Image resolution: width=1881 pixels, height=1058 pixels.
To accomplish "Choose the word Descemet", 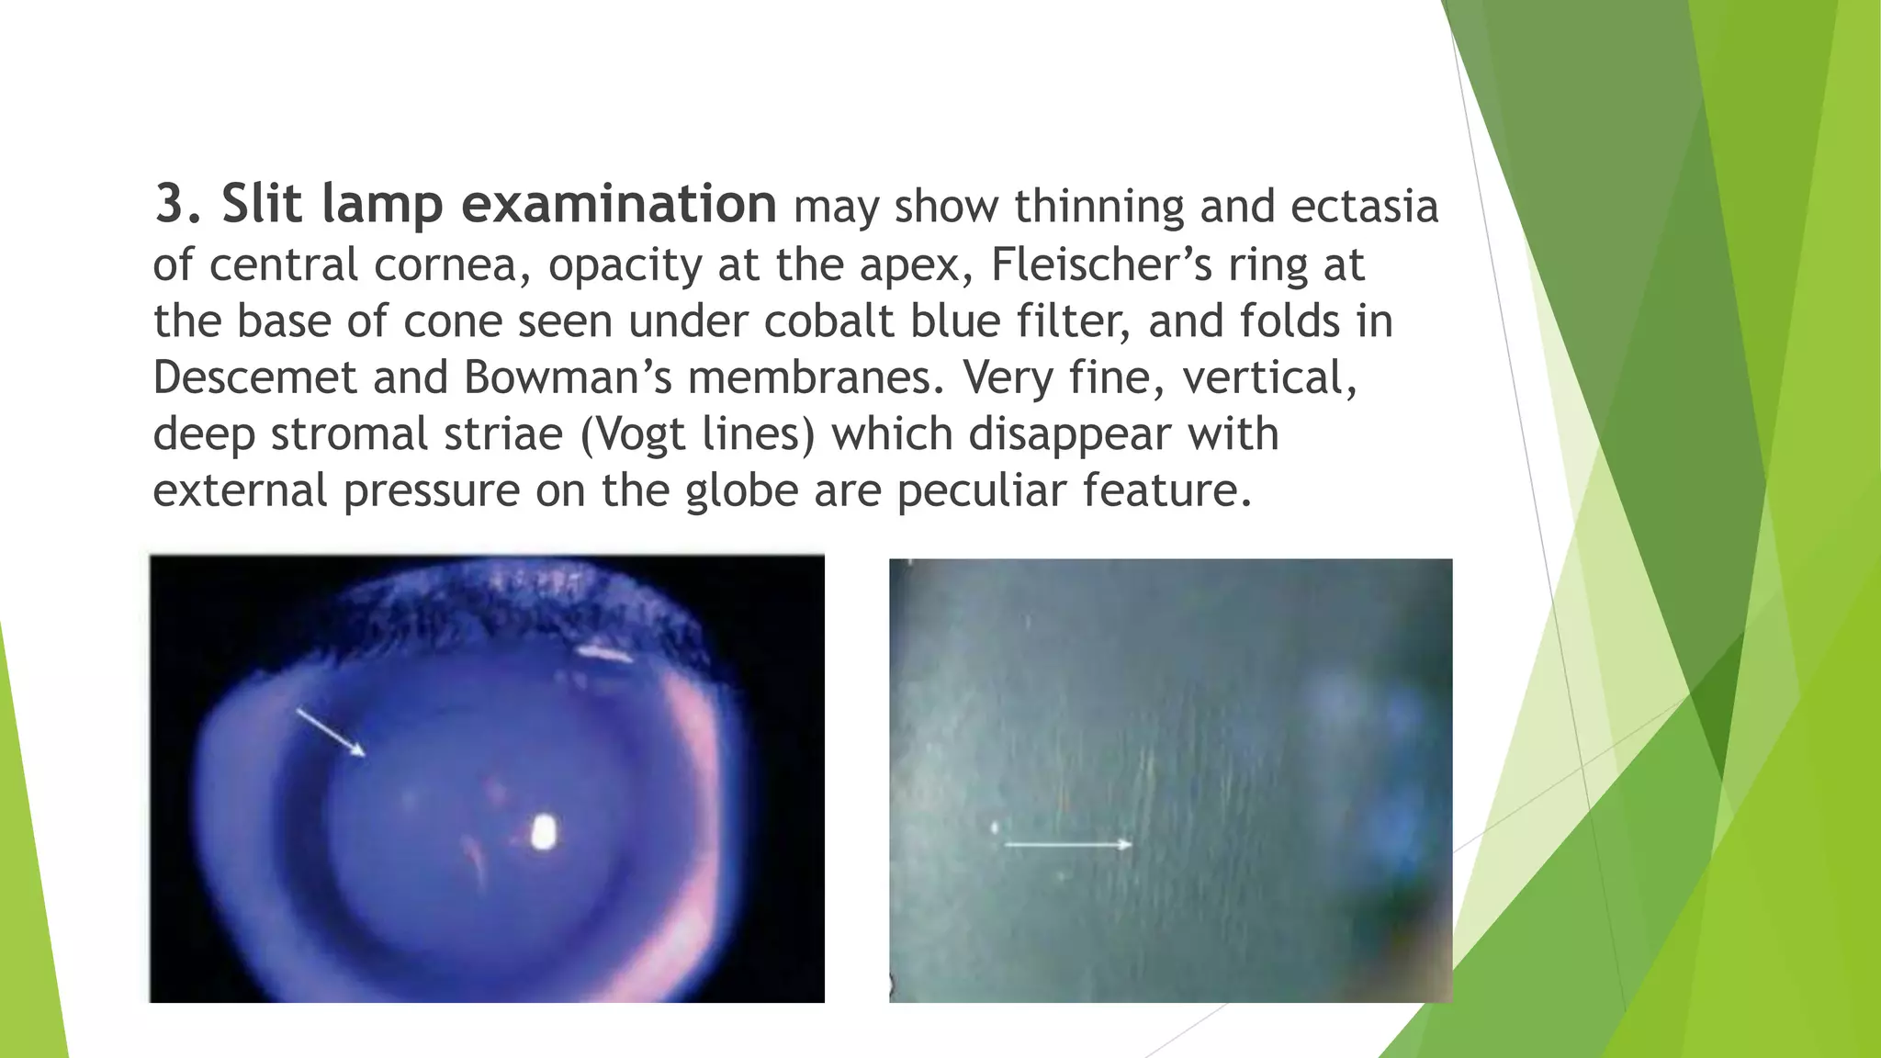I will click(x=254, y=377).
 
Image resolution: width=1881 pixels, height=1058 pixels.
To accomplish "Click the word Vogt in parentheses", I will click(x=644, y=434).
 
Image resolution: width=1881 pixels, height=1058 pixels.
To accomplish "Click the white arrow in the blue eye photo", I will click(x=331, y=732).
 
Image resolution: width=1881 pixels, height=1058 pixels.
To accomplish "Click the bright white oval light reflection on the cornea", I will click(x=545, y=832).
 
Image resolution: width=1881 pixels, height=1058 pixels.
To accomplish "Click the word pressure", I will click(x=431, y=492).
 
